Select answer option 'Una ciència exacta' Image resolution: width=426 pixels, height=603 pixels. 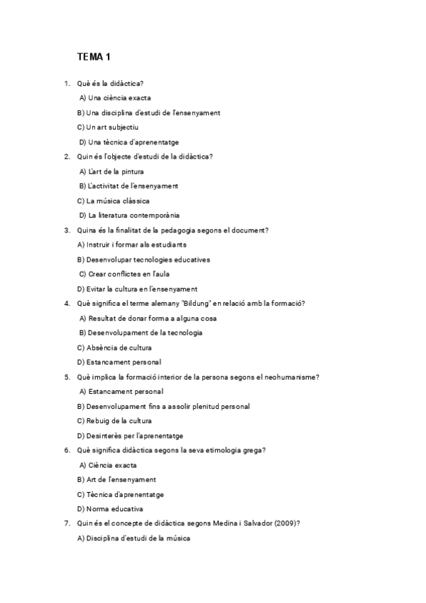(x=115, y=98)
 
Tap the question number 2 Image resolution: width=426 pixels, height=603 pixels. (x=66, y=156)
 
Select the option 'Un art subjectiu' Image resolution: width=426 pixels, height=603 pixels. (x=107, y=127)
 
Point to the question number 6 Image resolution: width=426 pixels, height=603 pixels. (x=66, y=450)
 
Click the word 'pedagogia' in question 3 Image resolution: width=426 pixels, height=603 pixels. (x=173, y=230)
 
